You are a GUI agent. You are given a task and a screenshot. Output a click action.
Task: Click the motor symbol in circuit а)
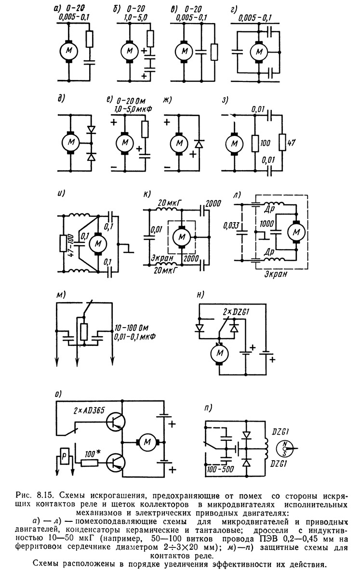(69, 51)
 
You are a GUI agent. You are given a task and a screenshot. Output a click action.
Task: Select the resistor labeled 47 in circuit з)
(282, 143)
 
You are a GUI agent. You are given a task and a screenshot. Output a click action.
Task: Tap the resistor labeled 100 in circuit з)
(255, 144)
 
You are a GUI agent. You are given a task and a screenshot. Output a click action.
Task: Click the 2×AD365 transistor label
(89, 411)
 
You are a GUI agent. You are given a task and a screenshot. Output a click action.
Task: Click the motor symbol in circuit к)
(181, 237)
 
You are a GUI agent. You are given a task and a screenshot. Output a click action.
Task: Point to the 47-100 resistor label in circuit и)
(72, 242)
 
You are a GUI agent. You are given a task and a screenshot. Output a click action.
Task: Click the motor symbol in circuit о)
(147, 442)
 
